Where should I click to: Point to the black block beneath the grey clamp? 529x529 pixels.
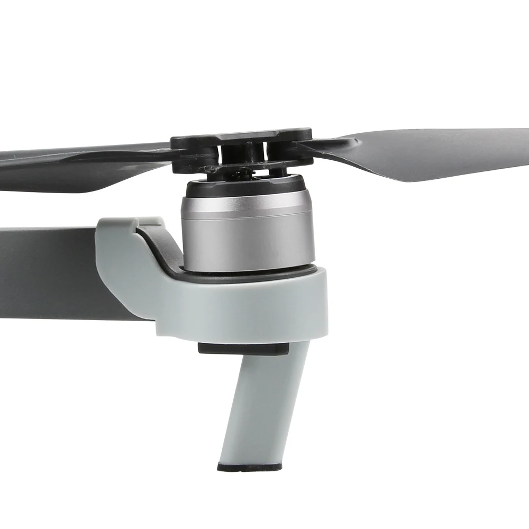(243, 349)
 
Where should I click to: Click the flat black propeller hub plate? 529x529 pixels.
(241, 139)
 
